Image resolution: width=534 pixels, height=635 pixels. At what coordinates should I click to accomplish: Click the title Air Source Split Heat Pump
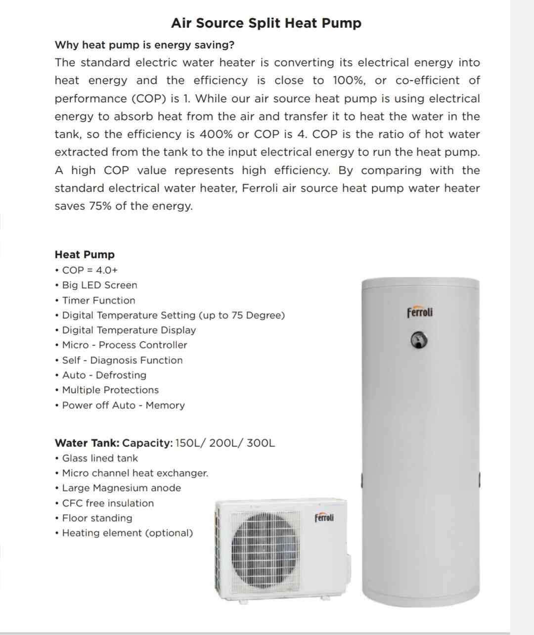[266, 23]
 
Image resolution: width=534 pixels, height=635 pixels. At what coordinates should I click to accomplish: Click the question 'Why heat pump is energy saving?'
[144, 45]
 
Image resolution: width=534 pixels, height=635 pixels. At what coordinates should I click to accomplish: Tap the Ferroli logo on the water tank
[420, 312]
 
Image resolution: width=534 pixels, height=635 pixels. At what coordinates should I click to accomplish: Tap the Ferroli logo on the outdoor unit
[324, 517]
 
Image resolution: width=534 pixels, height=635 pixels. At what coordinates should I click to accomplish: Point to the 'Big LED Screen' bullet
[99, 285]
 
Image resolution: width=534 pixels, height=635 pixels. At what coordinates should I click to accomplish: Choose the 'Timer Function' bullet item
[98, 300]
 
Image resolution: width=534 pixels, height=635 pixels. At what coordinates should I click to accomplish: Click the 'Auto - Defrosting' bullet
[104, 375]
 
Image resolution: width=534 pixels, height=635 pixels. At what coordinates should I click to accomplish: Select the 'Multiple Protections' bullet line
[110, 390]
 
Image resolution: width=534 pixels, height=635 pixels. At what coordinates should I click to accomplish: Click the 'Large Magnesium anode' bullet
[121, 488]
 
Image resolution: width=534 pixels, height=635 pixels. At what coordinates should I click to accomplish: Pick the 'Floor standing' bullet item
[97, 518]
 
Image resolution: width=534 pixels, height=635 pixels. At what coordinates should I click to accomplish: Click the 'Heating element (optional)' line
[127, 533]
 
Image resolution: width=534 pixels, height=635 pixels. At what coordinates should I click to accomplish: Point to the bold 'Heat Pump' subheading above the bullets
[85, 255]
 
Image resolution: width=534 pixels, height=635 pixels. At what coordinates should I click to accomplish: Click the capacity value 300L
[261, 443]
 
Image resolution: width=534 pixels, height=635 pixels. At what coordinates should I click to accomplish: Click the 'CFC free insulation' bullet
[108, 503]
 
